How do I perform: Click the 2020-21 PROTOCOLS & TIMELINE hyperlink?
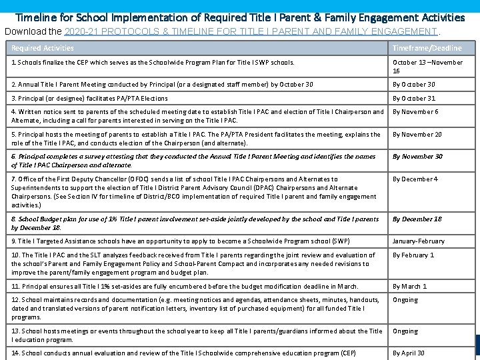pyautogui.click(x=251, y=31)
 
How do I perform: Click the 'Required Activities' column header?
pyautogui.click(x=43, y=48)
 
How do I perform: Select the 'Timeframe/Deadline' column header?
pyautogui.click(x=427, y=48)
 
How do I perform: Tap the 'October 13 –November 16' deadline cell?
pyautogui.click(x=427, y=67)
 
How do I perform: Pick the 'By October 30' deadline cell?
pyautogui.click(x=413, y=85)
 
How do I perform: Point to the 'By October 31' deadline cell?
pyautogui.click(x=413, y=98)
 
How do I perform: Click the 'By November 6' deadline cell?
pyautogui.click(x=415, y=112)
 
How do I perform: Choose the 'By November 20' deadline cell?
pyautogui.click(x=417, y=135)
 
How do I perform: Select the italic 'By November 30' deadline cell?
pyautogui.click(x=417, y=157)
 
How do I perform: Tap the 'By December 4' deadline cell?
pyautogui.click(x=415, y=179)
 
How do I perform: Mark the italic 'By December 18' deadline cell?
pyautogui.click(x=417, y=219)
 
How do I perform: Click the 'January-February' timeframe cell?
pyautogui.click(x=418, y=241)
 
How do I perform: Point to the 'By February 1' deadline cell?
pyautogui.click(x=413, y=255)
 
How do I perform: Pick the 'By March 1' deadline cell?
pyautogui.click(x=409, y=286)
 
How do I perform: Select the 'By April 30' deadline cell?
pyautogui.click(x=408, y=353)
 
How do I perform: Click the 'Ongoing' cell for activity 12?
pyautogui.click(x=405, y=300)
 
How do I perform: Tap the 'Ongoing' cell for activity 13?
pyautogui.click(x=405, y=331)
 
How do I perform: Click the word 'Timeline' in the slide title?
pyautogui.click(x=35, y=17)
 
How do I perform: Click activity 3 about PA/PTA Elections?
pyautogui.click(x=90, y=98)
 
